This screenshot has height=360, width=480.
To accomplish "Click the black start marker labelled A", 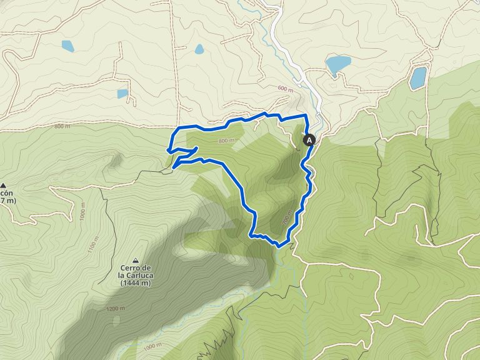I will click(309, 141).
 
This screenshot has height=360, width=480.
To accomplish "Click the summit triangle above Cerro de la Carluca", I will click(136, 260).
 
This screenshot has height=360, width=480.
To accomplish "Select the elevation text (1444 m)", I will click(136, 283).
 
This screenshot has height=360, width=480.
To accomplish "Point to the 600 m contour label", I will click(284, 90).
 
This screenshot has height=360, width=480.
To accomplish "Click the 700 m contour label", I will click(287, 219).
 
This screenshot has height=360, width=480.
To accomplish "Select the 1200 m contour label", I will click(115, 309).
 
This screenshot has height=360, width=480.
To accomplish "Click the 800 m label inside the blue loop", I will click(226, 141).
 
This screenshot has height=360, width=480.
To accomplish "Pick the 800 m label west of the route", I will click(62, 127).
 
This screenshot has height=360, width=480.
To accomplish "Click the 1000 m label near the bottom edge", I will click(152, 346).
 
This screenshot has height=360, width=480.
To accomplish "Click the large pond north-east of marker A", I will click(338, 64).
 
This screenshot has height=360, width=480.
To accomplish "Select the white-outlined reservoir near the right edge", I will click(417, 78).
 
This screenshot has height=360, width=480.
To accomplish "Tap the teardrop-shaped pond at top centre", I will click(199, 49).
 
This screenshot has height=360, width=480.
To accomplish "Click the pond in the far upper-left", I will click(67, 46).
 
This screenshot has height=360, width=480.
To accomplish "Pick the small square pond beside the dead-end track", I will click(122, 94).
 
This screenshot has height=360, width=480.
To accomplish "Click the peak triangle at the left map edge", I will click(4, 186).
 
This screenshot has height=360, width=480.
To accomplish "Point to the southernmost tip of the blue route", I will click(279, 246).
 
